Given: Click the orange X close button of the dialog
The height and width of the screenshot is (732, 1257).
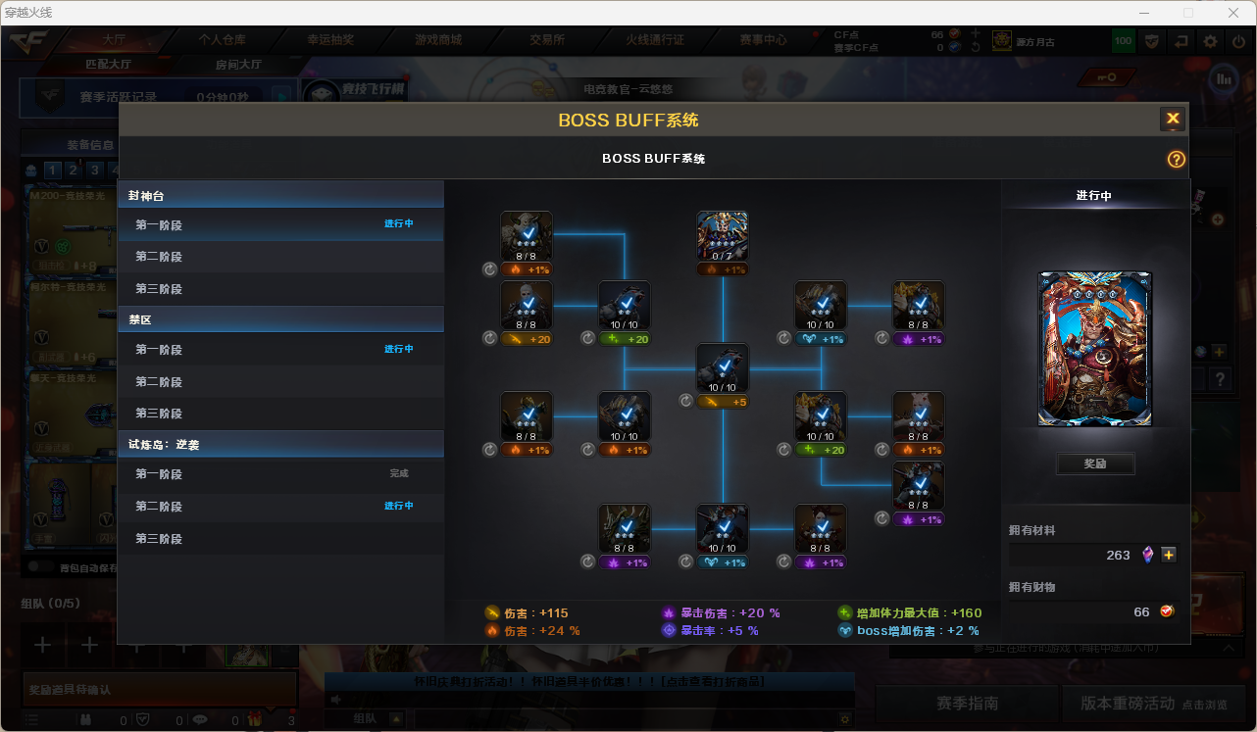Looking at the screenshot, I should point(1173,120).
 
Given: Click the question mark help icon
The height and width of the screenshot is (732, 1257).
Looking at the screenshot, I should point(1177,160).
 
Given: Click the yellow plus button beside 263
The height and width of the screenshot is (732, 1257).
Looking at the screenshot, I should point(1169,556).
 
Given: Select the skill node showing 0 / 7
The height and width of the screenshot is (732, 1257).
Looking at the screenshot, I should point(723,236).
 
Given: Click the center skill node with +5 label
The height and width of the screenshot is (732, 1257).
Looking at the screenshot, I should point(723,369).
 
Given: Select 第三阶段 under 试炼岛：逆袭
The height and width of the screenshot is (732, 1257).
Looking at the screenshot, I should point(159,539).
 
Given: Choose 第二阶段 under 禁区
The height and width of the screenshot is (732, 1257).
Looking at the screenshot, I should point(159,382).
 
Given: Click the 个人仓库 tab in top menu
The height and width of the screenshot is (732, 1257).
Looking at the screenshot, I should point(223,40).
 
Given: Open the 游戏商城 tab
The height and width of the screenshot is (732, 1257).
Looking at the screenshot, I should point(438,40).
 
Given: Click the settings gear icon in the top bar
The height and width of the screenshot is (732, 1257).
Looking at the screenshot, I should point(1211,41).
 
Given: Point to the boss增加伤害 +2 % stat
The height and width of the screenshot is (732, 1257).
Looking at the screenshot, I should point(904,631).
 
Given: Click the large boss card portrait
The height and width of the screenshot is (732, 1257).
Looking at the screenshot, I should point(1095,349).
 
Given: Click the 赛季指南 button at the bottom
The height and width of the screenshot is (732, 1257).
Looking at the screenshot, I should point(968,704).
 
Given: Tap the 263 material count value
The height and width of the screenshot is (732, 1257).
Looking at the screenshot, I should point(1118,556).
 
